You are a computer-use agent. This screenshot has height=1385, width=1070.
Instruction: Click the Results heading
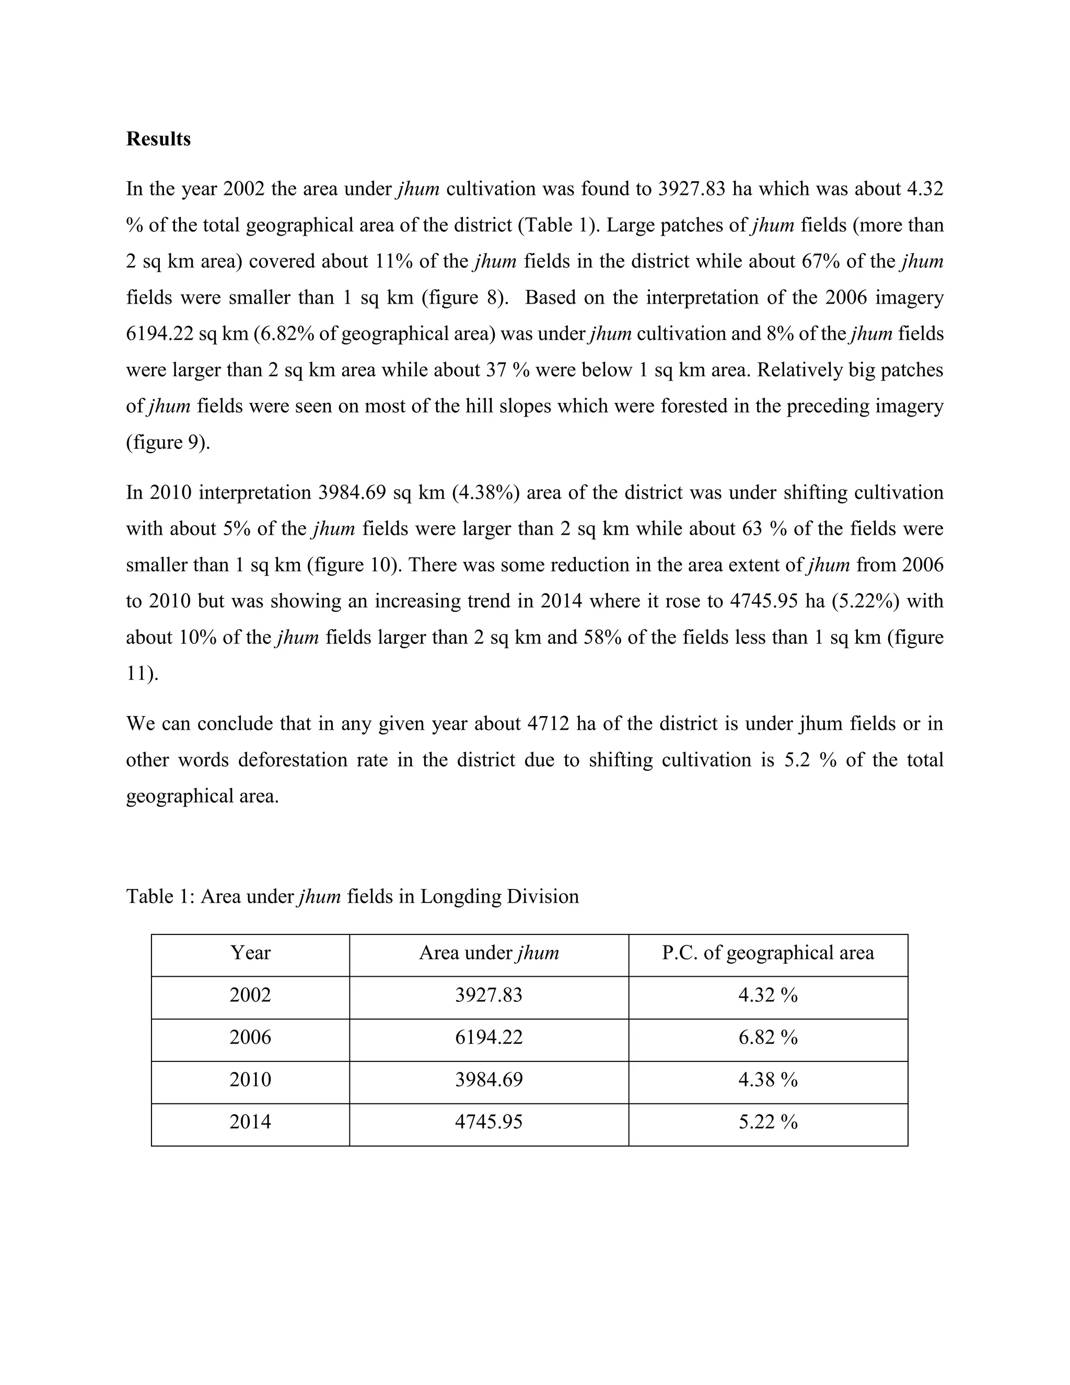tap(158, 139)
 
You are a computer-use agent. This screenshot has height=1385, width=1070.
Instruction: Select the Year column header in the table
tap(250, 952)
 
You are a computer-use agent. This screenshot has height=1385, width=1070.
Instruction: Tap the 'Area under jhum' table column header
tap(489, 952)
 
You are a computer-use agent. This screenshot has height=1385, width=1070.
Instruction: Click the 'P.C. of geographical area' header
tap(767, 952)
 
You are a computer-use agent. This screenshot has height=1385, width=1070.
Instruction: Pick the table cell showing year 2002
tap(250, 995)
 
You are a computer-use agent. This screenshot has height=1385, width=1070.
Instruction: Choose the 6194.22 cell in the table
tap(489, 1037)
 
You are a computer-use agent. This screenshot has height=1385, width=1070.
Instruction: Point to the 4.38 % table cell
tap(767, 1079)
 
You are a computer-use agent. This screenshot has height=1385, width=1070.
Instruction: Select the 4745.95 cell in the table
tap(489, 1122)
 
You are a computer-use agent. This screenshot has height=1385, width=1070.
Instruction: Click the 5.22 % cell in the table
tap(767, 1122)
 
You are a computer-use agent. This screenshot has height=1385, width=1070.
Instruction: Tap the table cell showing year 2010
tap(250, 1079)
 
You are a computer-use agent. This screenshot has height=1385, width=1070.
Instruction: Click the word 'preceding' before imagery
tap(827, 406)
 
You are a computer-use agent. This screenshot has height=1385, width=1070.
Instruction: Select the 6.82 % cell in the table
tap(767, 1037)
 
